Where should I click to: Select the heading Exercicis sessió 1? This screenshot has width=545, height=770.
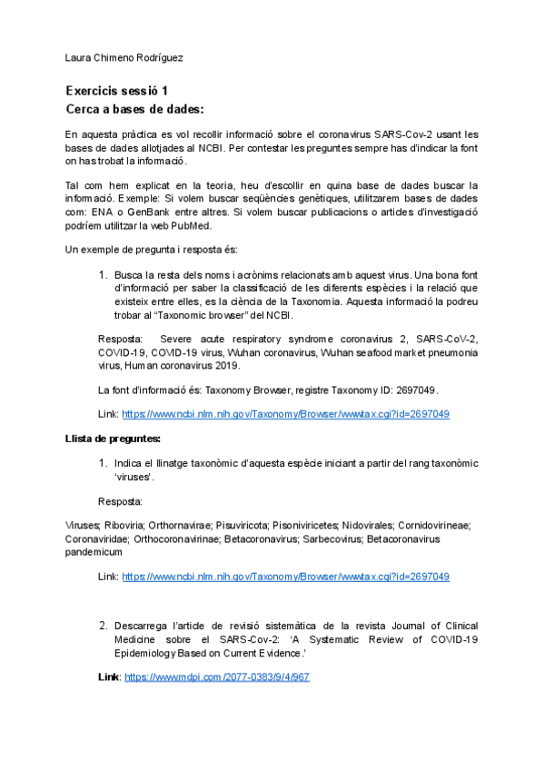116,91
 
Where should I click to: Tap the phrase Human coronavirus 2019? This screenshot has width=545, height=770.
207,365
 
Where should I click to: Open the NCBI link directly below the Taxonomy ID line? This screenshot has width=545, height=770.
285,413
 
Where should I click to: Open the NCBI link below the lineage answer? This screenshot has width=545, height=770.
285,576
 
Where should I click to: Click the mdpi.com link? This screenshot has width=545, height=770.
217,677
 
